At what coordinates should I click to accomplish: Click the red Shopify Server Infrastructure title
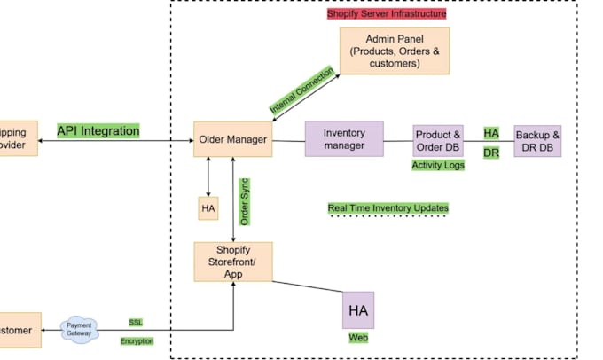pos(387,14)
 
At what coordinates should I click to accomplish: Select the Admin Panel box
pos(395,51)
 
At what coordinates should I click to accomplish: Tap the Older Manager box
pos(232,139)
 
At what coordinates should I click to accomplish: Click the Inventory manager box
pos(344,139)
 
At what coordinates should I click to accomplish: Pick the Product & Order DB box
pos(438,140)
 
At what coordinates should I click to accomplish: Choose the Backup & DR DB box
pos(537,140)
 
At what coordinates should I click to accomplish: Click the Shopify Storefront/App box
pos(232,262)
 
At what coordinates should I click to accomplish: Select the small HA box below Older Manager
pos(208,208)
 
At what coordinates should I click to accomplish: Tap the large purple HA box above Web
pos(358,310)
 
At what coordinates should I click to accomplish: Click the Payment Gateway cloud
pos(80,330)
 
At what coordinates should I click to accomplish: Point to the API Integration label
pos(98,131)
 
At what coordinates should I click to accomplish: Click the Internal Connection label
pos(302,90)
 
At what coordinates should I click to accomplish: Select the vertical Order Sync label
pos(245,202)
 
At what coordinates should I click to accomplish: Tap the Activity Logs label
pos(438,165)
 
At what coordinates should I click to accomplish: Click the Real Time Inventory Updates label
pos(388,208)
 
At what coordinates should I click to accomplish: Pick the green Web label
pos(357,338)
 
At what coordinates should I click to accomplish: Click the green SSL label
pos(136,322)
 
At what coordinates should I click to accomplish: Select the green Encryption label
pos(137,340)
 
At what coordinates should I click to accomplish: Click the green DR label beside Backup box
pos(490,153)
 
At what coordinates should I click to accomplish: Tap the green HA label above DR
pos(490,133)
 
